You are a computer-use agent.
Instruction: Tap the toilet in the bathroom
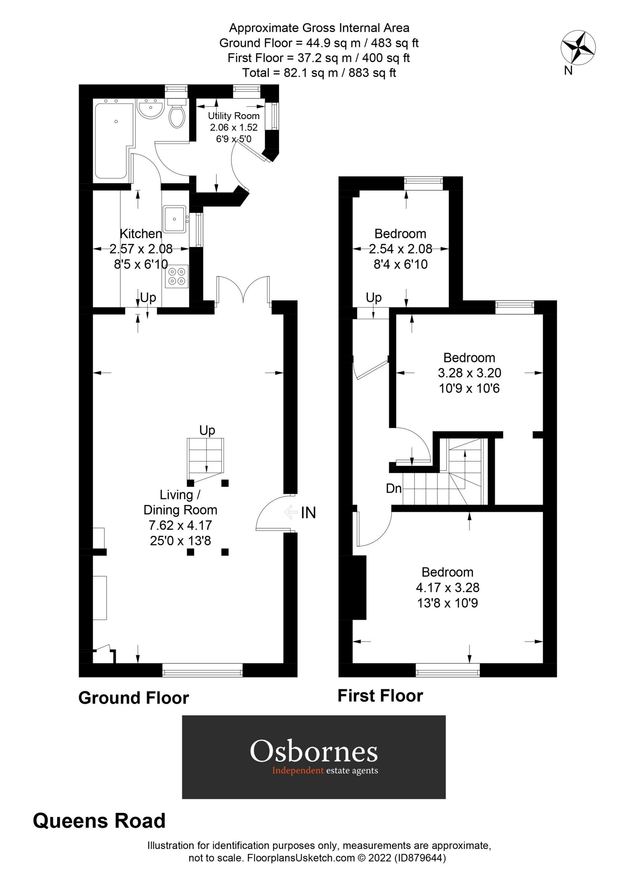[x=177, y=115]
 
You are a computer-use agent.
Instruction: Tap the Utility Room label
[x=233, y=115]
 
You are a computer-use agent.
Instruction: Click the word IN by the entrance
[x=308, y=513]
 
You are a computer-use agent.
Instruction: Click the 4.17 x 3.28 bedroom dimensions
[x=447, y=587]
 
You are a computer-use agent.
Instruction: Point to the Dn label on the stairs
[x=394, y=488]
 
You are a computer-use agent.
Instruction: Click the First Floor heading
[x=380, y=696]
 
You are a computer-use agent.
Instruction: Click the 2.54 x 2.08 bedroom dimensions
[x=400, y=249]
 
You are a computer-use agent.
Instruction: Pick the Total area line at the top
[x=319, y=72]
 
